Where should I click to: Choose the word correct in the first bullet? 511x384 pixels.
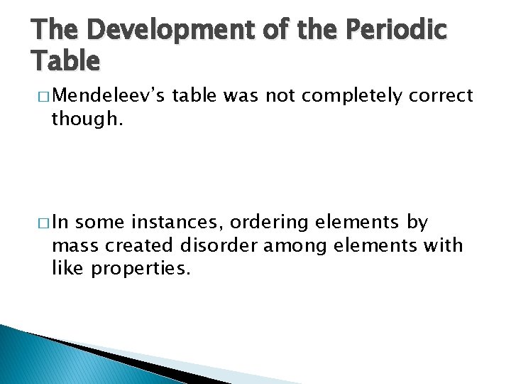click(441, 96)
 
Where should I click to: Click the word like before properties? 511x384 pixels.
click(68, 268)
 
